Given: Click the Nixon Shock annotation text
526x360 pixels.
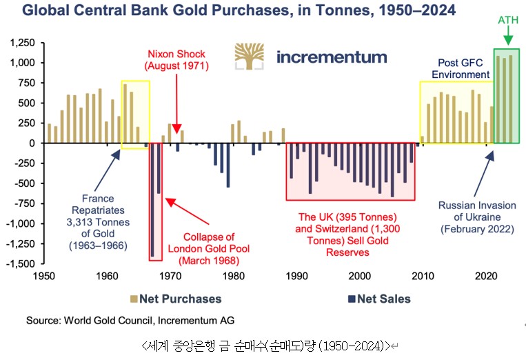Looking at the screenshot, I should pyautogui.click(x=176, y=60).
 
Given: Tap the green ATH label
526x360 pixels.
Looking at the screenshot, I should pyautogui.click(x=507, y=19).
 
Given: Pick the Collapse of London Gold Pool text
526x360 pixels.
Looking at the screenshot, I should pyautogui.click(x=208, y=248).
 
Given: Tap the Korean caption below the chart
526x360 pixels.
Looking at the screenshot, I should pyautogui.click(x=263, y=345).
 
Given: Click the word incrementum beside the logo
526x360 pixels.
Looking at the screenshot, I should pyautogui.click(x=332, y=57).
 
